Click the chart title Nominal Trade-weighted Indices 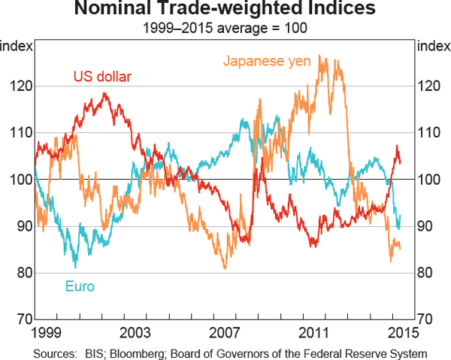(225, 11)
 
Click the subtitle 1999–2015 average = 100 (225, 29)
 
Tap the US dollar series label (102, 76)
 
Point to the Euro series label (80, 286)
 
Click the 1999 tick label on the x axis (48, 331)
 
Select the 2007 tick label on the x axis (225, 331)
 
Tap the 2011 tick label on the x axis (313, 331)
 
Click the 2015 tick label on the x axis (401, 331)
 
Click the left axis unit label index (17, 47)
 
